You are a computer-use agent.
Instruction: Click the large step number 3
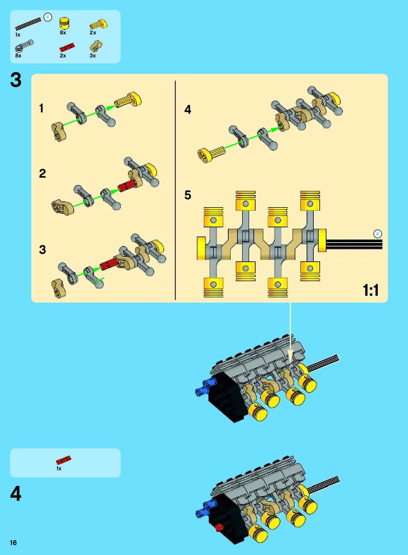[x=16, y=80]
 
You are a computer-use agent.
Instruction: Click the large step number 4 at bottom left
[x=16, y=493]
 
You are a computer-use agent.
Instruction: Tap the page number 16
[x=13, y=543]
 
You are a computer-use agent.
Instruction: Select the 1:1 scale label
[x=371, y=290]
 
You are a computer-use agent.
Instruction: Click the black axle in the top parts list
[x=28, y=23]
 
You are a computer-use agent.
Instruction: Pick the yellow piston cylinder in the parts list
[x=64, y=23]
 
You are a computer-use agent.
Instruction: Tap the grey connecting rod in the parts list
[x=24, y=46]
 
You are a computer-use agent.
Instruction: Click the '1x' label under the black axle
[x=18, y=35]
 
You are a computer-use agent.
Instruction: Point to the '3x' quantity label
[x=93, y=56]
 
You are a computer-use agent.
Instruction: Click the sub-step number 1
[x=41, y=108]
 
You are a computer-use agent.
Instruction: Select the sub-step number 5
[x=188, y=195]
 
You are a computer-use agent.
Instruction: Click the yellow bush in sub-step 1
[x=128, y=100]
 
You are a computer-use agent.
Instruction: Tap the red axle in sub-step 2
[x=127, y=185]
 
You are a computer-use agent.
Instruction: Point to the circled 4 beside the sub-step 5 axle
[x=378, y=234]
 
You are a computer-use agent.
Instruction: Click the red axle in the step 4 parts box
[x=63, y=460]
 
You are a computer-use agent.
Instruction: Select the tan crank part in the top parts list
[x=95, y=46]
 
